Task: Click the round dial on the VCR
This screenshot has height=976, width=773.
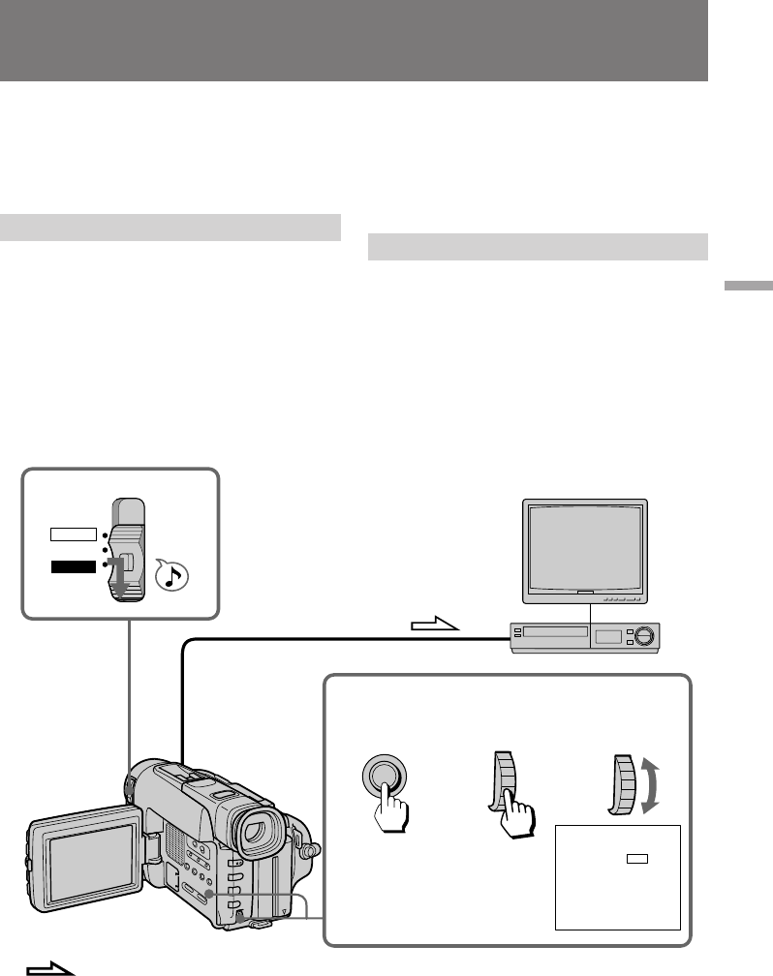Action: [642, 636]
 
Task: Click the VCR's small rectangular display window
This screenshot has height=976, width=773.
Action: [608, 636]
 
